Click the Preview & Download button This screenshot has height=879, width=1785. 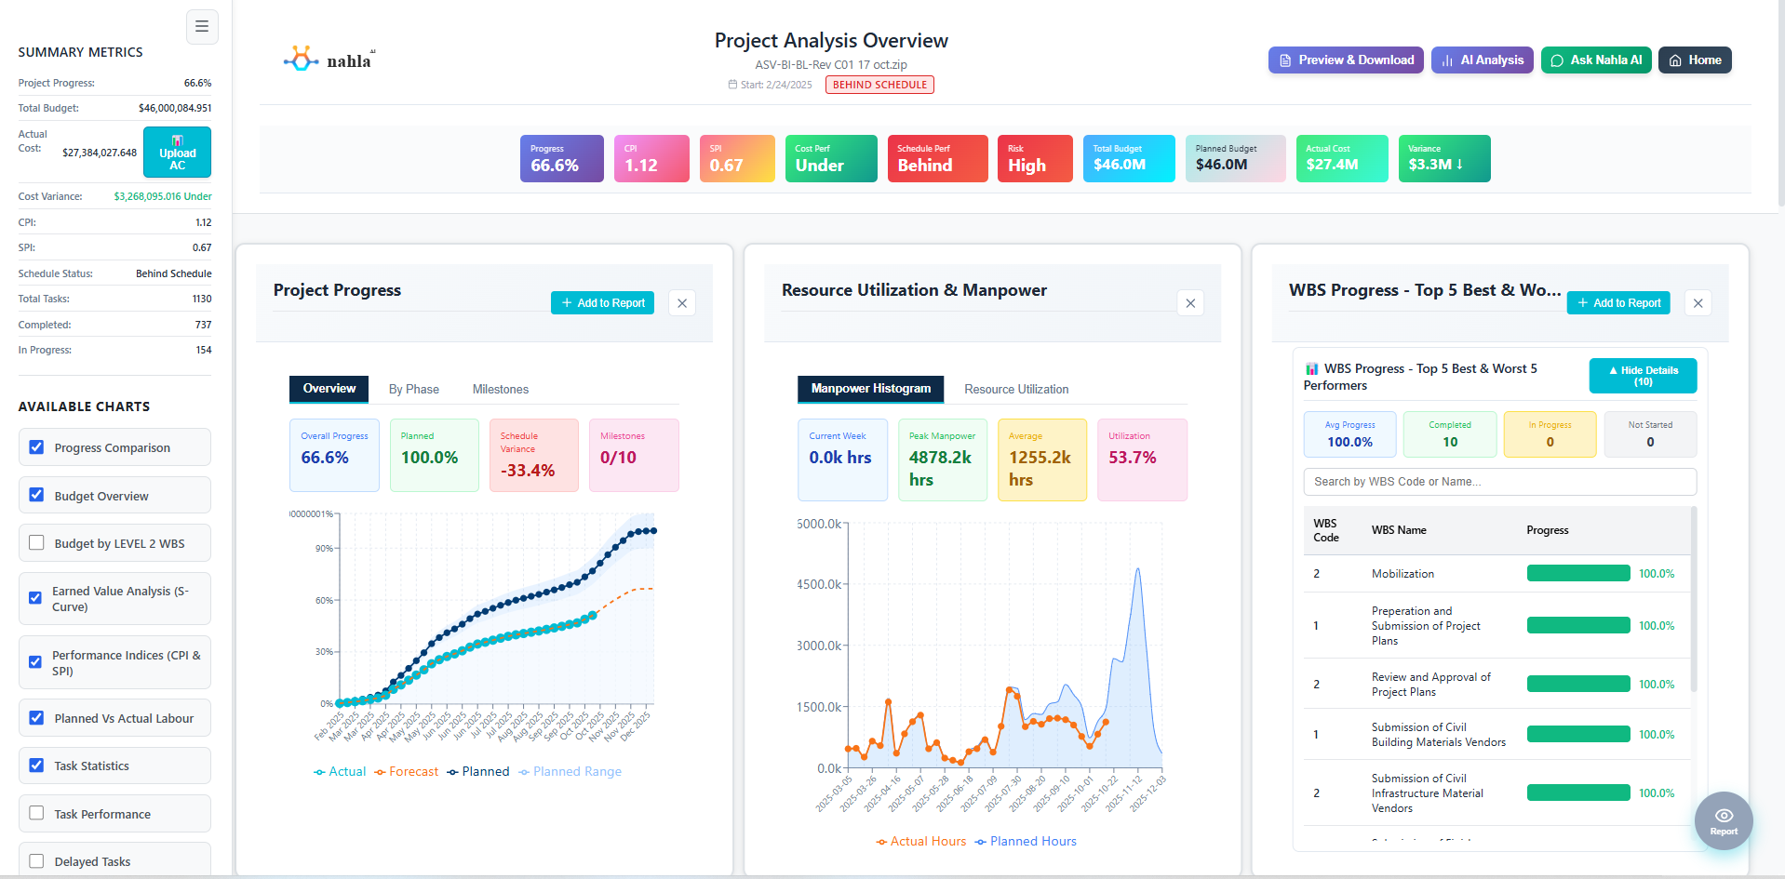pos(1345,60)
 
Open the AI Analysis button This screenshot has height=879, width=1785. pos(1482,60)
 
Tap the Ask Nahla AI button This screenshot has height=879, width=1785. pos(1595,60)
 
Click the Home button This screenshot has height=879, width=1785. pos(1694,60)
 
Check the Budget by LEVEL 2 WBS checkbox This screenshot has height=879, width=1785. pos(36,543)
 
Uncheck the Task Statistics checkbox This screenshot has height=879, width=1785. pos(36,766)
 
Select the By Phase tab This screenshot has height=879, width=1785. pos(413,390)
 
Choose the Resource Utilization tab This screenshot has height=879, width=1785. pos(1015,390)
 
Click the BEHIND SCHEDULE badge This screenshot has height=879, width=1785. pos(879,85)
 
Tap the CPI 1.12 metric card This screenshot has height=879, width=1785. pos(651,158)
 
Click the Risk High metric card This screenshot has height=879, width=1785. pos(1034,158)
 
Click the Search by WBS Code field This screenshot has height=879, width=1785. pos(1498,482)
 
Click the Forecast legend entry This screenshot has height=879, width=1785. pos(407,772)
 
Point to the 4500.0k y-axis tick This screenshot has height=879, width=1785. pos(819,585)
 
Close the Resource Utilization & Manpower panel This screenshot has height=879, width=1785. pos(1190,303)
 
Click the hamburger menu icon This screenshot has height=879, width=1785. pos(202,27)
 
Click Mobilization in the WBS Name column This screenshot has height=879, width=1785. pos(1402,574)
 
